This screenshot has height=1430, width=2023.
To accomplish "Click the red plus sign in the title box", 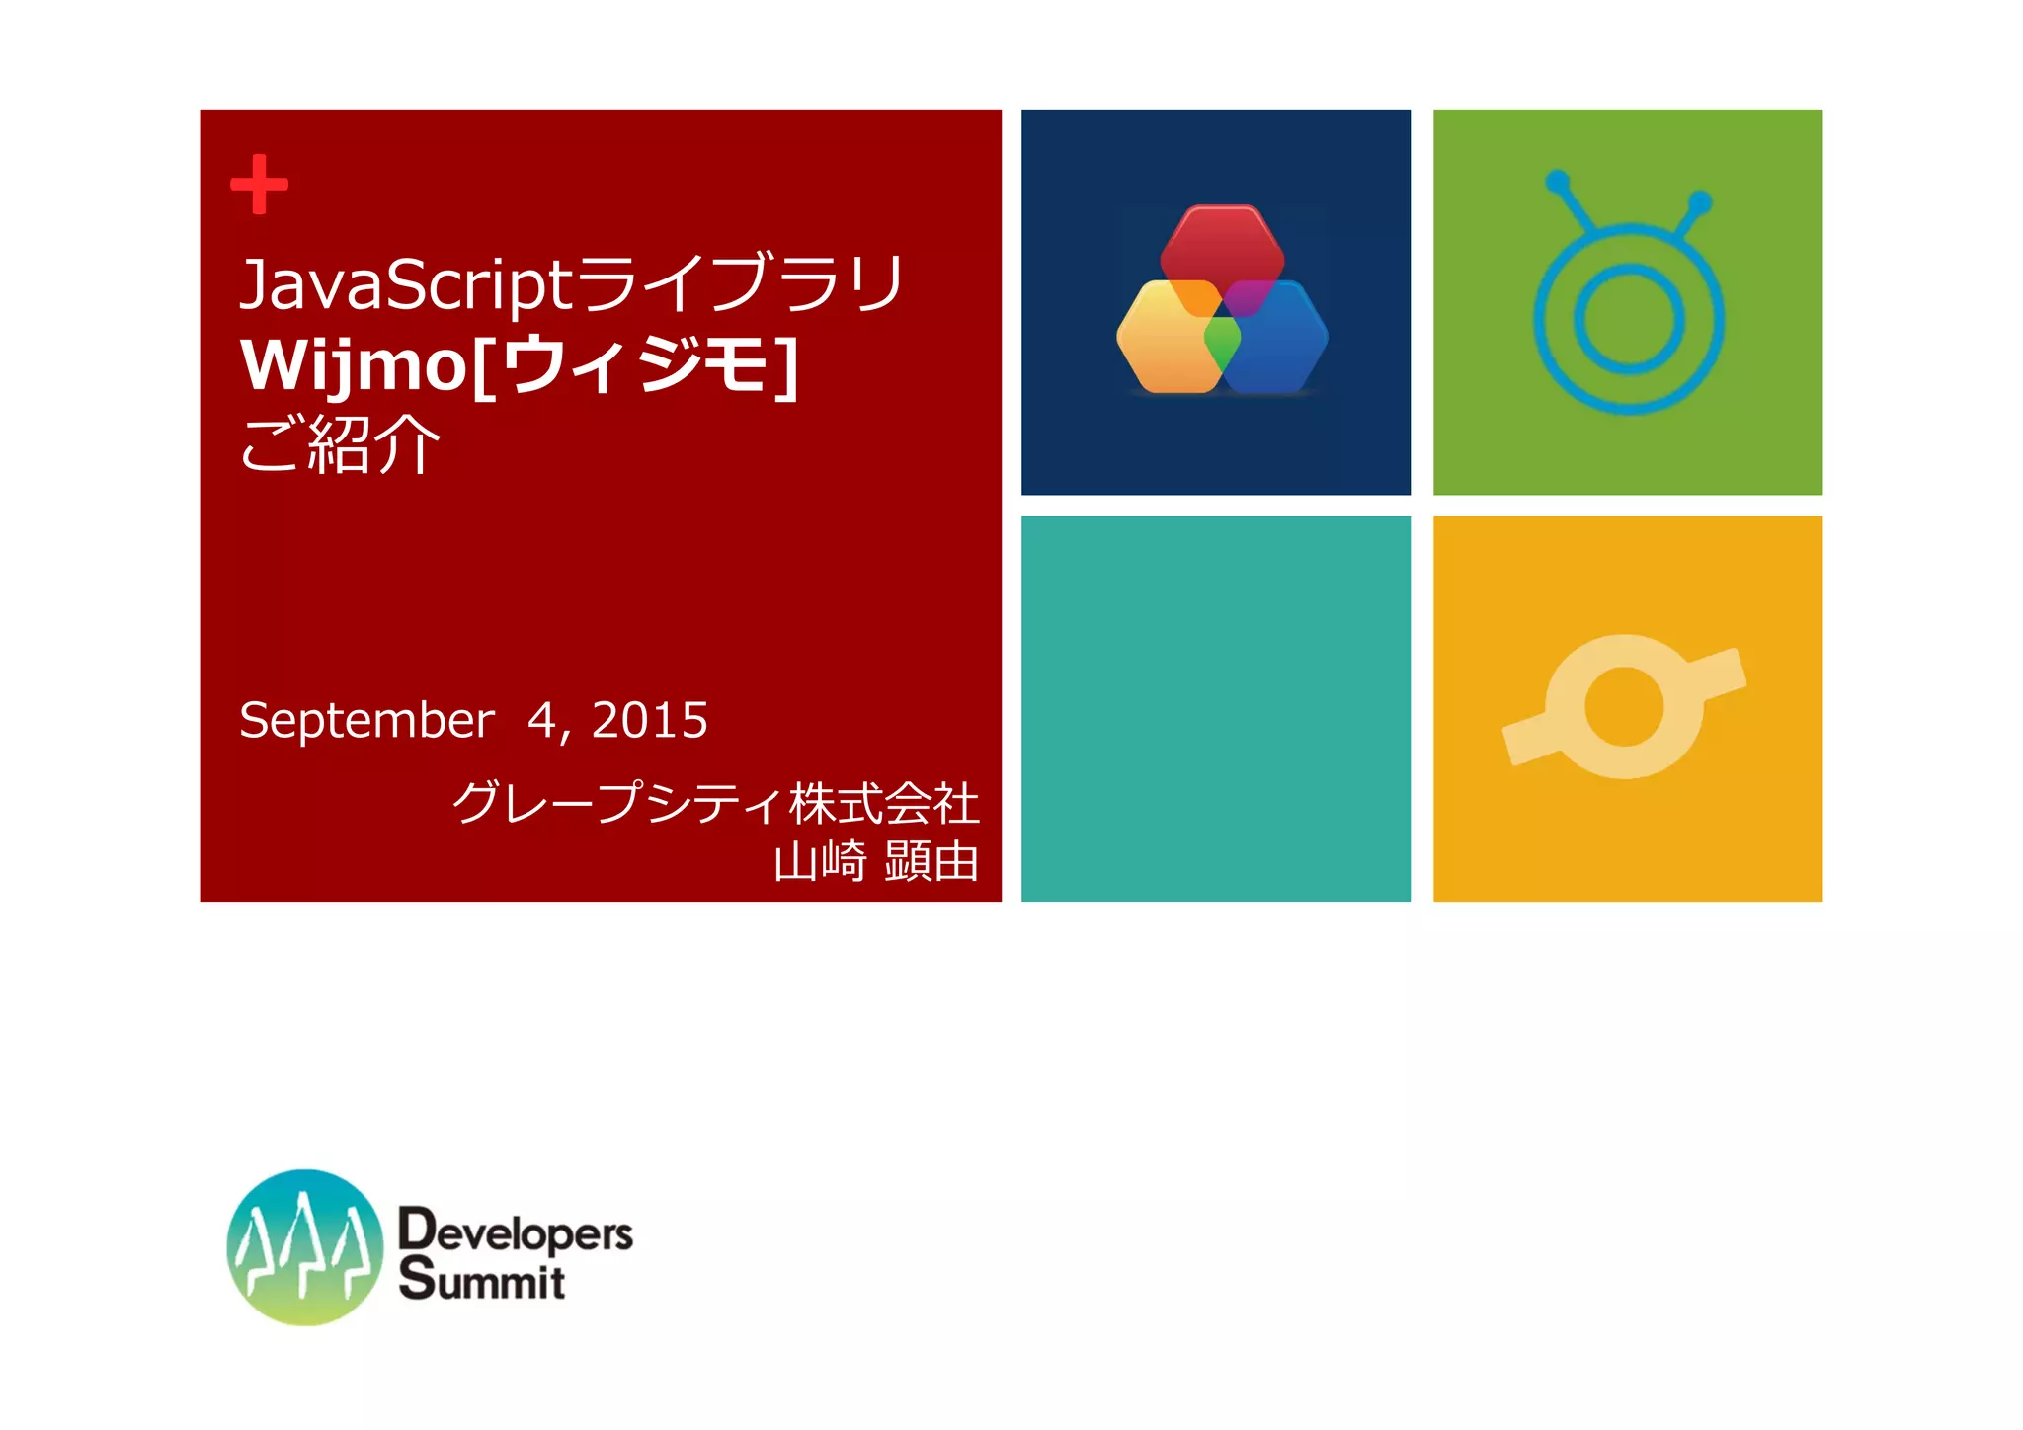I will (x=259, y=184).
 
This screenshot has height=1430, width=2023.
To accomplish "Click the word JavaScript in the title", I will (x=405, y=285).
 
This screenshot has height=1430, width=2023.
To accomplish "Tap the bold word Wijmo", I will (x=354, y=366).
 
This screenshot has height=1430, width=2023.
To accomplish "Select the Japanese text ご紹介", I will (x=340, y=445).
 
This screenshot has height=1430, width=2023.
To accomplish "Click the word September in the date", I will (x=366, y=720).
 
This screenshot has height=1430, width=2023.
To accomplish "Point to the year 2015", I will (x=649, y=720).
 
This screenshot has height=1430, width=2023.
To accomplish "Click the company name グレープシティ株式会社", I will (x=715, y=802).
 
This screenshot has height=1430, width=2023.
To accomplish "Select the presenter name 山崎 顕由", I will (x=875, y=861).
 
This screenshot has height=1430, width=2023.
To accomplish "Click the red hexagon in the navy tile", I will (x=1222, y=247).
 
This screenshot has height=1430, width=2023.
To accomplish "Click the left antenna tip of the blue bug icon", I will (x=1557, y=182).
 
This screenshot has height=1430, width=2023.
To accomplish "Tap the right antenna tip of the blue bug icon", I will (x=1700, y=202).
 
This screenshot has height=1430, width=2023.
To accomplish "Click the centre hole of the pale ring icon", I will (x=1624, y=707).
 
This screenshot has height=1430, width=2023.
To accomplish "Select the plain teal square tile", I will (x=1215, y=708).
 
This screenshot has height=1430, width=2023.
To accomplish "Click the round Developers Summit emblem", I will (x=304, y=1247).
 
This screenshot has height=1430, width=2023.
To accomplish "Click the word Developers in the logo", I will (x=515, y=1231).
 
